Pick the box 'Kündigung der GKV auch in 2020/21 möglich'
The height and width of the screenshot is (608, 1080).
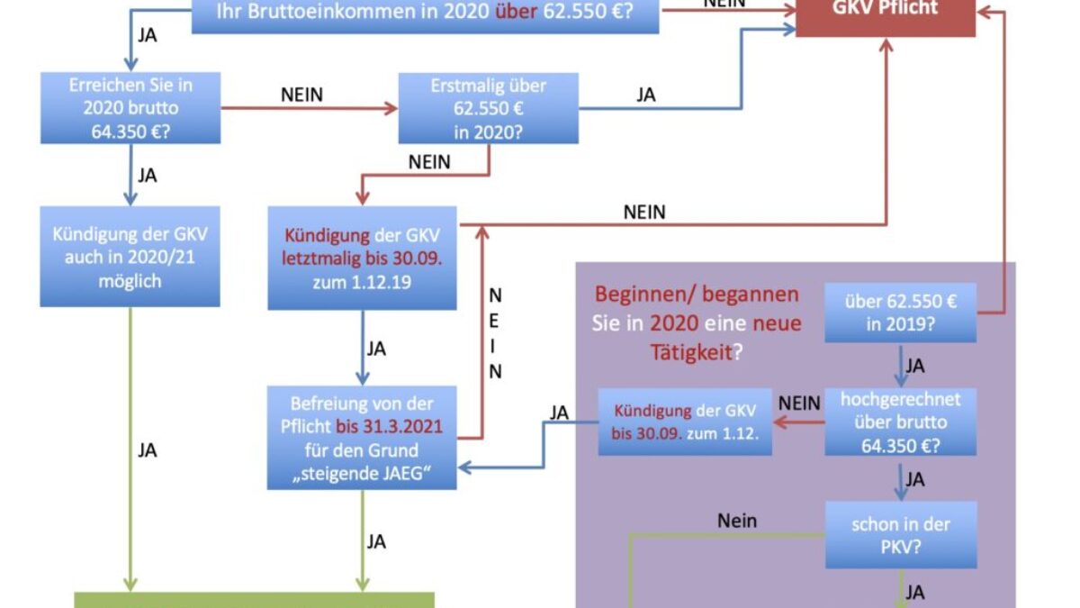[130, 258]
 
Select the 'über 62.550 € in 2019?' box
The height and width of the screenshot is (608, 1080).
[900, 313]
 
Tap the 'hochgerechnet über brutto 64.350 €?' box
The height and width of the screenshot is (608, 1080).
[900, 422]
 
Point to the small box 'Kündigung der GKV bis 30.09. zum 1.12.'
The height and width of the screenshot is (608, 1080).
[685, 422]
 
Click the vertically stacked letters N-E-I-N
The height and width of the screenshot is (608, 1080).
[495, 333]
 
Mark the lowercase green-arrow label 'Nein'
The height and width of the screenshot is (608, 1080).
[737, 520]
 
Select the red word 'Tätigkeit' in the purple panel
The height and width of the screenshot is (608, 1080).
[689, 351]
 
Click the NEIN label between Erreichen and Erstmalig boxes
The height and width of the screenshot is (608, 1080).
[301, 95]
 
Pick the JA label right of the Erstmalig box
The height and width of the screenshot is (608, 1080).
[645, 95]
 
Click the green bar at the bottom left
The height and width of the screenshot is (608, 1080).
[254, 600]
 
